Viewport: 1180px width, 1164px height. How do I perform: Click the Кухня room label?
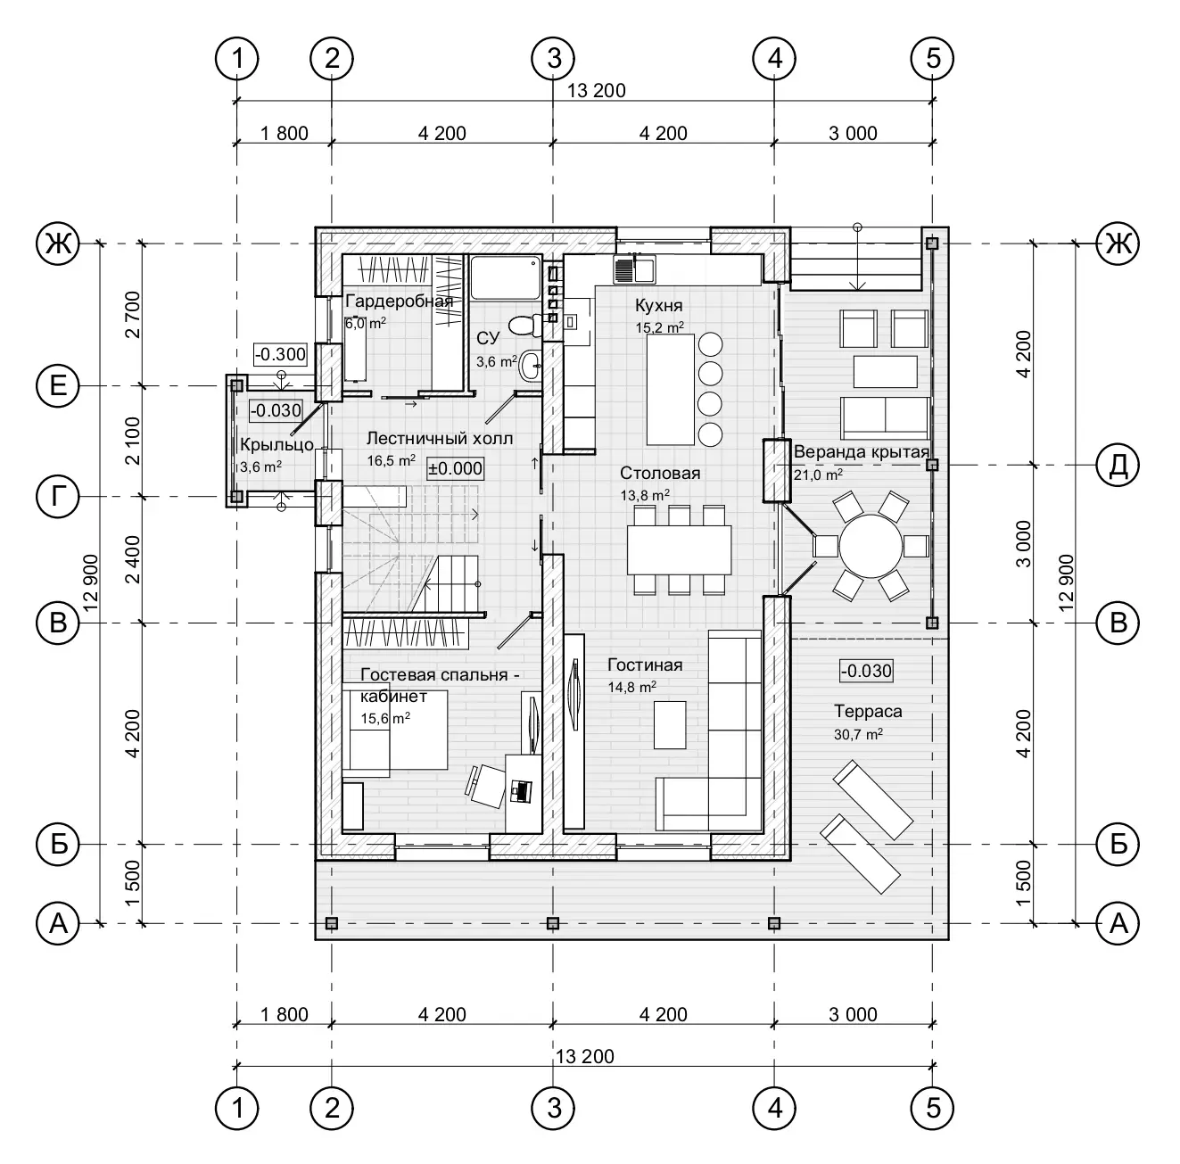coord(658,305)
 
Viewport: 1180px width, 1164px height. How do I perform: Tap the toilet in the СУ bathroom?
coord(524,325)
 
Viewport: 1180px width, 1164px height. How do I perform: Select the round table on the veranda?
coord(871,546)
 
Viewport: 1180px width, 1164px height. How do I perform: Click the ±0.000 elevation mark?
coord(455,468)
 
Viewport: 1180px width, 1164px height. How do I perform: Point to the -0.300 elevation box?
coord(280,354)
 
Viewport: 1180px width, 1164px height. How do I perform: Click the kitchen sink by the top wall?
coord(634,269)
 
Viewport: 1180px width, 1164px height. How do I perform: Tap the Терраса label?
coord(868,711)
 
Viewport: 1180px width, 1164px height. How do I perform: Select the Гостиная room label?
coord(645,665)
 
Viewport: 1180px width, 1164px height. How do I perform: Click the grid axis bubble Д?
coord(1118,465)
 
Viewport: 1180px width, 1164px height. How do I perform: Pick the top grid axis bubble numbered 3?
coord(554,59)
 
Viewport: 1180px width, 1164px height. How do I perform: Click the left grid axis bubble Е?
coord(58,386)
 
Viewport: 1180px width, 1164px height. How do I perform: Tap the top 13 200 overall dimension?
coord(596,91)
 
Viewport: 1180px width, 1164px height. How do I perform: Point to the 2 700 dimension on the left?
coord(133,315)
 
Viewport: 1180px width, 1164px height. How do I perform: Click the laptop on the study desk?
coord(521,791)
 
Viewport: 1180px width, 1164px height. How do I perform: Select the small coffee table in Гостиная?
coord(669,725)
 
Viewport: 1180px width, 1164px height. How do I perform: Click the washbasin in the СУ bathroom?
coord(531,367)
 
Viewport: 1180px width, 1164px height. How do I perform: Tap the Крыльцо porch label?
coord(276,445)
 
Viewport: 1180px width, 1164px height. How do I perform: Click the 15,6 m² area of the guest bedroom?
coord(385,718)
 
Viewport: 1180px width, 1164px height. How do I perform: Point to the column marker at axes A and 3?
coord(553,922)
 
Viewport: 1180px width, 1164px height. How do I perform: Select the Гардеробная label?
coord(400,301)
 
